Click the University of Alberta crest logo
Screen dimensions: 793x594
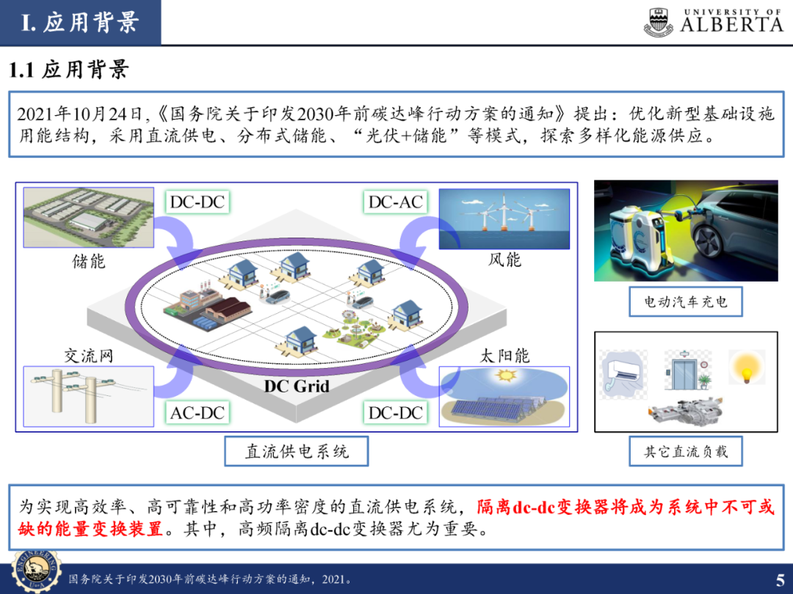[x=658, y=22]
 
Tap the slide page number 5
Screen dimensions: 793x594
[x=780, y=578]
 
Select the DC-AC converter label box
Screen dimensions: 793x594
[x=396, y=202]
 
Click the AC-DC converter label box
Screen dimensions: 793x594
[x=198, y=412]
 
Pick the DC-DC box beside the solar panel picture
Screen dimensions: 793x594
[x=396, y=412]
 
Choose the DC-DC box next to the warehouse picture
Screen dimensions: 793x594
[x=198, y=202]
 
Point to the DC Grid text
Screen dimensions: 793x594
[x=297, y=386]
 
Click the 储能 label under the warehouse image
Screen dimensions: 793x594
[x=89, y=261]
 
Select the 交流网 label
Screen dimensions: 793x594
[x=89, y=356]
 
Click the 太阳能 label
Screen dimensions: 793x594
[x=504, y=356]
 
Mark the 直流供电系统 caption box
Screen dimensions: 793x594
[x=297, y=451]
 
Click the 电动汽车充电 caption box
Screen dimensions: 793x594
[x=686, y=301]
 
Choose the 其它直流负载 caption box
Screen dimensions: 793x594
[x=686, y=451]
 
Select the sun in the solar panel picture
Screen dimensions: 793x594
[x=505, y=376]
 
